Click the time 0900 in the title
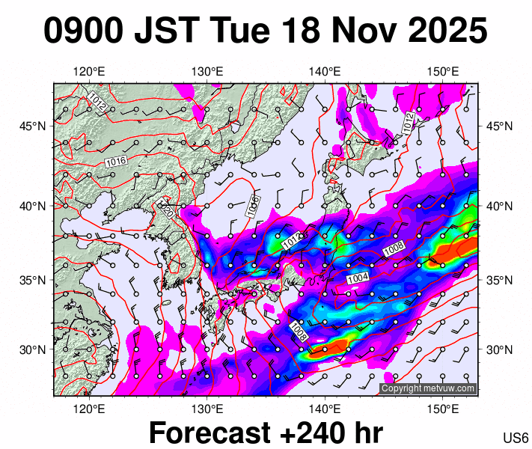click(82, 32)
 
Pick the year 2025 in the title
click(446, 32)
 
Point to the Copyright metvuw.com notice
click(427, 388)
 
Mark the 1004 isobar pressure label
click(358, 278)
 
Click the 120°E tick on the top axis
click(89, 72)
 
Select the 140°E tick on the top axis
click(325, 72)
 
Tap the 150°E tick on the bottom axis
click(443, 408)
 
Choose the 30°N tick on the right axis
click(500, 349)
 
